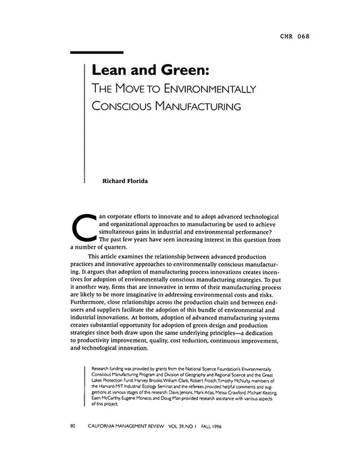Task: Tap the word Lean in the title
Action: (111, 70)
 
